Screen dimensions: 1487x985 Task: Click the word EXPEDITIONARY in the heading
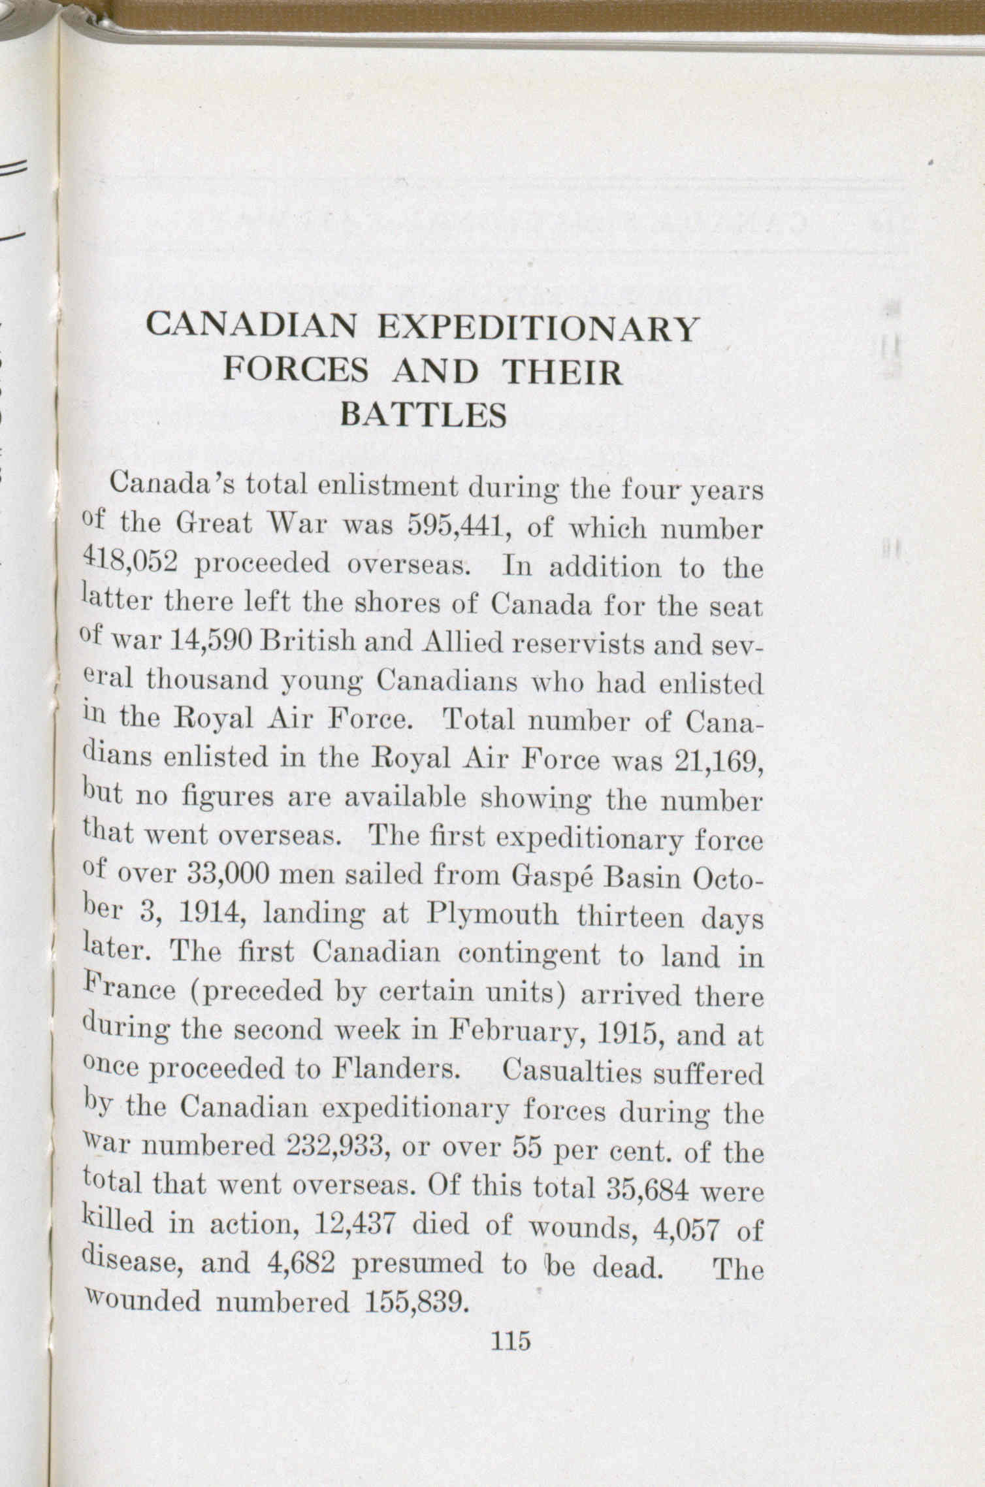[x=538, y=329]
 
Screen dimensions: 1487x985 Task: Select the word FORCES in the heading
[x=296, y=372]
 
